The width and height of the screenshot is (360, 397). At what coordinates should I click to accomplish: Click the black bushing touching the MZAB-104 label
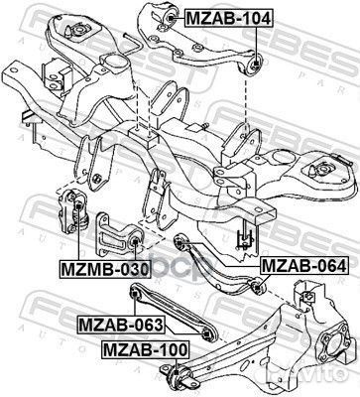pos(170,17)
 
